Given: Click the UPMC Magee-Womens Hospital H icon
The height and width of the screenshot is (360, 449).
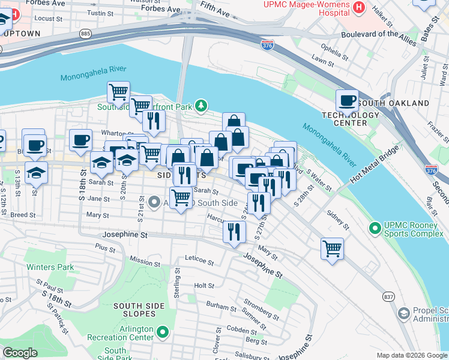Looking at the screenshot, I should point(359,7).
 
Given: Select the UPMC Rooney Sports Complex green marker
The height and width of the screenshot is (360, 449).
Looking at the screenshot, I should point(375,228).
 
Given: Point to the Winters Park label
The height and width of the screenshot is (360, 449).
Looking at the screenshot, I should point(49,266).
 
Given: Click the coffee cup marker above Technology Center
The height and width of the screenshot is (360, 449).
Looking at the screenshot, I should point(346,100).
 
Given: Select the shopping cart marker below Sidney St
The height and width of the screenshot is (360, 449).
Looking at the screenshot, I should point(332,248).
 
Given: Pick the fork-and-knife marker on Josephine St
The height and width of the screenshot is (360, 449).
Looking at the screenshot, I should point(234,231).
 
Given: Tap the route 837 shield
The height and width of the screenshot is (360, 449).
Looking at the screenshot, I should point(388,296).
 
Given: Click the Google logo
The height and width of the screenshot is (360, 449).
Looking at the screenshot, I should point(20,353).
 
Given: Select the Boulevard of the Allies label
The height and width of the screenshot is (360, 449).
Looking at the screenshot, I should point(378,34).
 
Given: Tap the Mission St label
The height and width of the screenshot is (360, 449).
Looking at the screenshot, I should point(145,261).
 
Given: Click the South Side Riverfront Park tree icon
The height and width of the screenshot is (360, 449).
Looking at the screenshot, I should point(202,106).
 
